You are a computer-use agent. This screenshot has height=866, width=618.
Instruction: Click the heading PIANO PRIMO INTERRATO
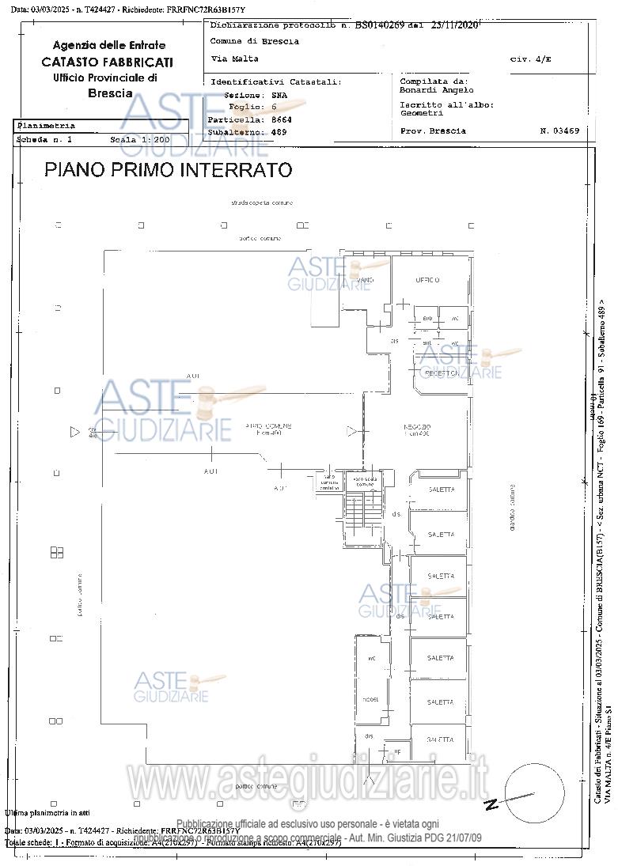[x=168, y=170]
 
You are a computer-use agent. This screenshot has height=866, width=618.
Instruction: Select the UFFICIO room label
[x=427, y=280]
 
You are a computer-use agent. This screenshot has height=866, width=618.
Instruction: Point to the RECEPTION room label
[x=441, y=372]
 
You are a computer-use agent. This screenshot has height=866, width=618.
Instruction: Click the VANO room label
[x=365, y=281]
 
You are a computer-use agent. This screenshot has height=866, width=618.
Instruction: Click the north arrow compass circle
[x=534, y=793]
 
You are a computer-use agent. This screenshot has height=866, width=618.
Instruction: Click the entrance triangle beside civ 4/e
[x=75, y=432]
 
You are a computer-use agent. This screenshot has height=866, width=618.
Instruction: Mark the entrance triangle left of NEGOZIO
[x=351, y=431]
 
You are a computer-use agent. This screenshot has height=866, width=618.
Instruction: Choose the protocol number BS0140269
[x=379, y=25]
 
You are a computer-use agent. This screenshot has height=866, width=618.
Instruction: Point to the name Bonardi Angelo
[x=437, y=90]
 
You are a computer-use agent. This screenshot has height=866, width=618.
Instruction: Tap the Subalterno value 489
[x=279, y=132]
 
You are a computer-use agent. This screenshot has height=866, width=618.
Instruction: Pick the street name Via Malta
[x=234, y=59]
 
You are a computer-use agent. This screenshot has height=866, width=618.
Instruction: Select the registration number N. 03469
[x=559, y=130]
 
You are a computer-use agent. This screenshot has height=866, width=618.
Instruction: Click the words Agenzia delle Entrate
[x=109, y=45]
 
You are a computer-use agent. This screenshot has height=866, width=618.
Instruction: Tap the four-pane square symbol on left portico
[x=57, y=552]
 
